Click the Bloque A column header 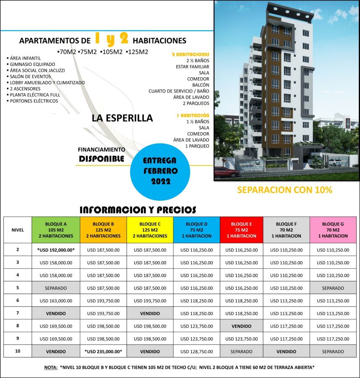[x=56, y=230]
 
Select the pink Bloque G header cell [x=333, y=230]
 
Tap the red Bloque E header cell [x=241, y=230]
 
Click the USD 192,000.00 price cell [x=56, y=249]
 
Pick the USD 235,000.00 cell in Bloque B [x=103, y=351]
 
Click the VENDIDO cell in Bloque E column [x=241, y=326]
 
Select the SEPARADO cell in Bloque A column [x=56, y=288]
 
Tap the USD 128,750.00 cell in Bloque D [x=196, y=351]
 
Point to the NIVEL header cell [x=18, y=230]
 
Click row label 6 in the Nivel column [x=18, y=301]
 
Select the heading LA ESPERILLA [x=122, y=118]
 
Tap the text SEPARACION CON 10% [x=284, y=190]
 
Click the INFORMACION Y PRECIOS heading [x=138, y=210]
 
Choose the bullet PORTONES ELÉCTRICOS [x=34, y=101]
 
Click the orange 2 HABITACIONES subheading [x=190, y=54]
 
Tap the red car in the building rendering [x=227, y=171]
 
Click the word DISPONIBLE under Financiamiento [x=102, y=159]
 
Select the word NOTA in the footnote [x=50, y=367]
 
